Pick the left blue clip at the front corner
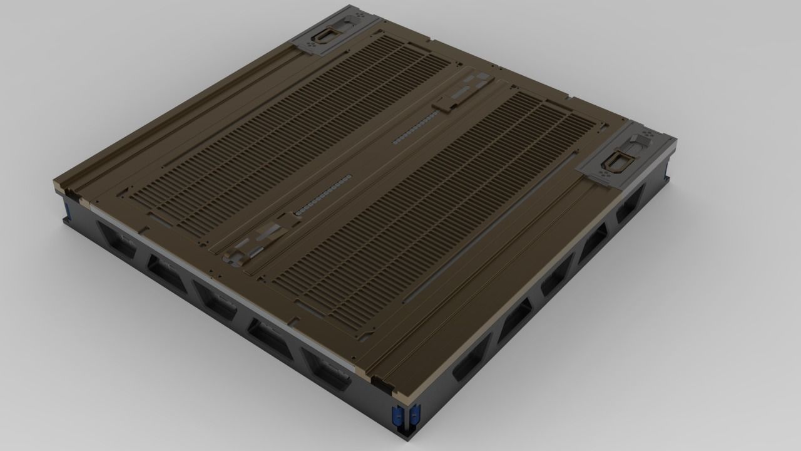pyautogui.click(x=395, y=415)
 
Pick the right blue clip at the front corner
pyautogui.click(x=414, y=415)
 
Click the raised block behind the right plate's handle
pyautogui.click(x=641, y=140)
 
